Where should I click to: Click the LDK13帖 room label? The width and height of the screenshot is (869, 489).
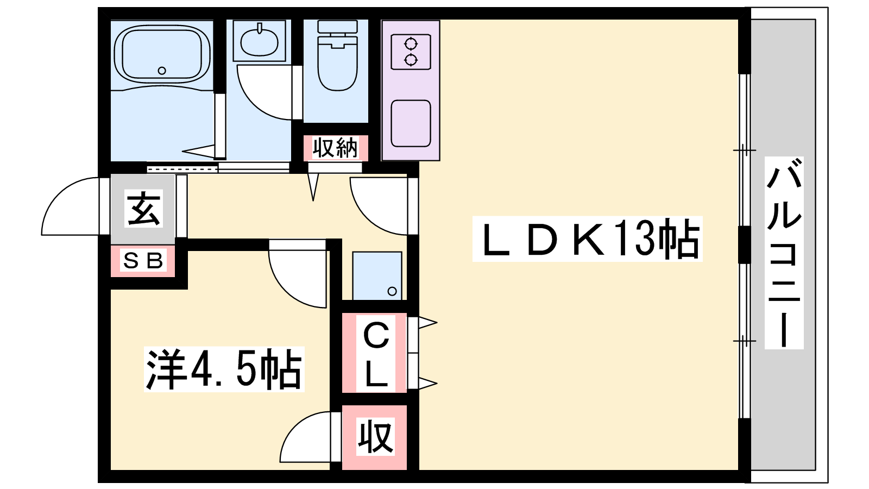pyautogui.click(x=587, y=239)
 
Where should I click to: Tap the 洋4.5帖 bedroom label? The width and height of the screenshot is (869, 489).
pyautogui.click(x=224, y=369)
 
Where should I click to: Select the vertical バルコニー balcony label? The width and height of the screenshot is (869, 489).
pyautogui.click(x=784, y=253)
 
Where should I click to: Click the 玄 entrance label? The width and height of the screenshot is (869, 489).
pyautogui.click(x=143, y=209)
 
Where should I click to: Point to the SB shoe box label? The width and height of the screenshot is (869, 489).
pyautogui.click(x=143, y=261)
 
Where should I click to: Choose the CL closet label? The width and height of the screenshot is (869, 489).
pyautogui.click(x=376, y=353)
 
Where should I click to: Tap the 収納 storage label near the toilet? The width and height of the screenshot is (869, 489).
pyautogui.click(x=335, y=148)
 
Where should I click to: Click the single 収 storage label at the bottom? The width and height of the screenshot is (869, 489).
pyautogui.click(x=375, y=437)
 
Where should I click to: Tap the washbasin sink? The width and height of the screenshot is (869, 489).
pyautogui.click(x=259, y=41)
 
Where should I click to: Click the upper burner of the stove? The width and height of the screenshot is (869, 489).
pyautogui.click(x=411, y=42)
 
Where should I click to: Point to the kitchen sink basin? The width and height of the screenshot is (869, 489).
pyautogui.click(x=411, y=123)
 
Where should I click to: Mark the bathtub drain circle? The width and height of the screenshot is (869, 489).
pyautogui.click(x=161, y=71)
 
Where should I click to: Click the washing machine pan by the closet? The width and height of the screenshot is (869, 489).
pyautogui.click(x=377, y=275)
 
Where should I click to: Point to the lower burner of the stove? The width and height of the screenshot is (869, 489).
pyautogui.click(x=411, y=59)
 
